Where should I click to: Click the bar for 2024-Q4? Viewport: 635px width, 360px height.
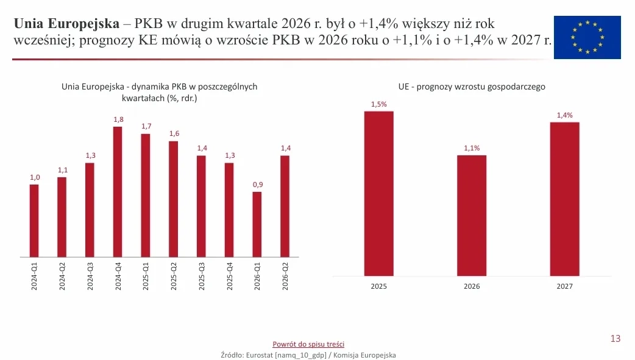pos(118,192)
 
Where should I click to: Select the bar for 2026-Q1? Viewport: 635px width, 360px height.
pos(257,224)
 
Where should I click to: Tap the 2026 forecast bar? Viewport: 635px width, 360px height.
pos(472,216)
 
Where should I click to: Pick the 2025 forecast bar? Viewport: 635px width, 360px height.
pos(378,194)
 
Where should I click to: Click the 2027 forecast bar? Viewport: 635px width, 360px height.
pos(564,199)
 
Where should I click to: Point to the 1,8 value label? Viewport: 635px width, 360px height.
pos(118,119)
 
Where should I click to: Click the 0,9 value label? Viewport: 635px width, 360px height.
pos(258,185)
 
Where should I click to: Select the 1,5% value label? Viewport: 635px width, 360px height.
pos(379,104)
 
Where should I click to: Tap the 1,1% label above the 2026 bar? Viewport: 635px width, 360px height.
pos(472,148)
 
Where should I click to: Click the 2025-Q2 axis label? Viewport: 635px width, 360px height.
pos(174,276)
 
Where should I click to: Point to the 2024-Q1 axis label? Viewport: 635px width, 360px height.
pos(34,276)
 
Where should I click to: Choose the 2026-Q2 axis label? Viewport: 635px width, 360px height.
pos(285,276)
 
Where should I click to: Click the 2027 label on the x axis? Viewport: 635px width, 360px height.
pos(564,286)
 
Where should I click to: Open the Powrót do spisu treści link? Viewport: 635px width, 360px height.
pos(308,344)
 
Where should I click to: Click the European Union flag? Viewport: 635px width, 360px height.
pos(587,37)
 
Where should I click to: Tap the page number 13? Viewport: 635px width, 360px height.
pos(615,339)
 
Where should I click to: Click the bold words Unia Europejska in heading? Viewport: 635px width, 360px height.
pos(67,24)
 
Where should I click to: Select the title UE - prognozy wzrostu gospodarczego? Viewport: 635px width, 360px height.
pos(472,86)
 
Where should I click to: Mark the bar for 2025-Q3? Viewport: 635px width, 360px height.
pos(201,206)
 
